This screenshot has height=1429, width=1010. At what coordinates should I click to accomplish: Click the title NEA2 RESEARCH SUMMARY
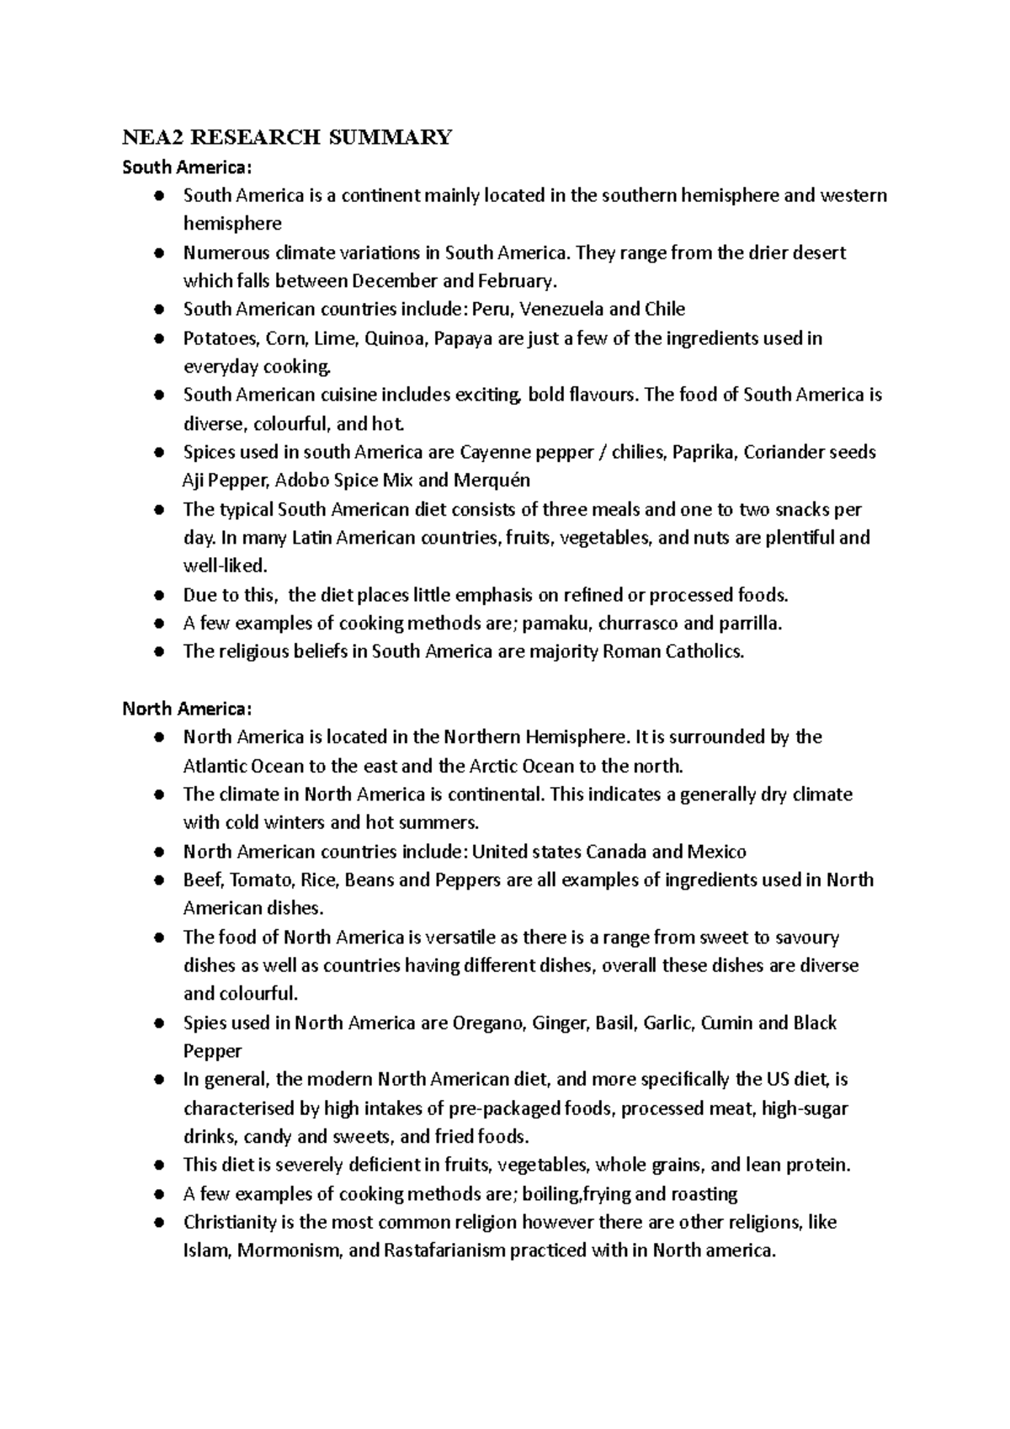[287, 137]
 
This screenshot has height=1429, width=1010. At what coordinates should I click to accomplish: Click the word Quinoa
[396, 338]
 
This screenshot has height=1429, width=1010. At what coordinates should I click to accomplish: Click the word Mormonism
[290, 1251]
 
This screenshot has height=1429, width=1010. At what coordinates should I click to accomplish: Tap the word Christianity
[229, 1222]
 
